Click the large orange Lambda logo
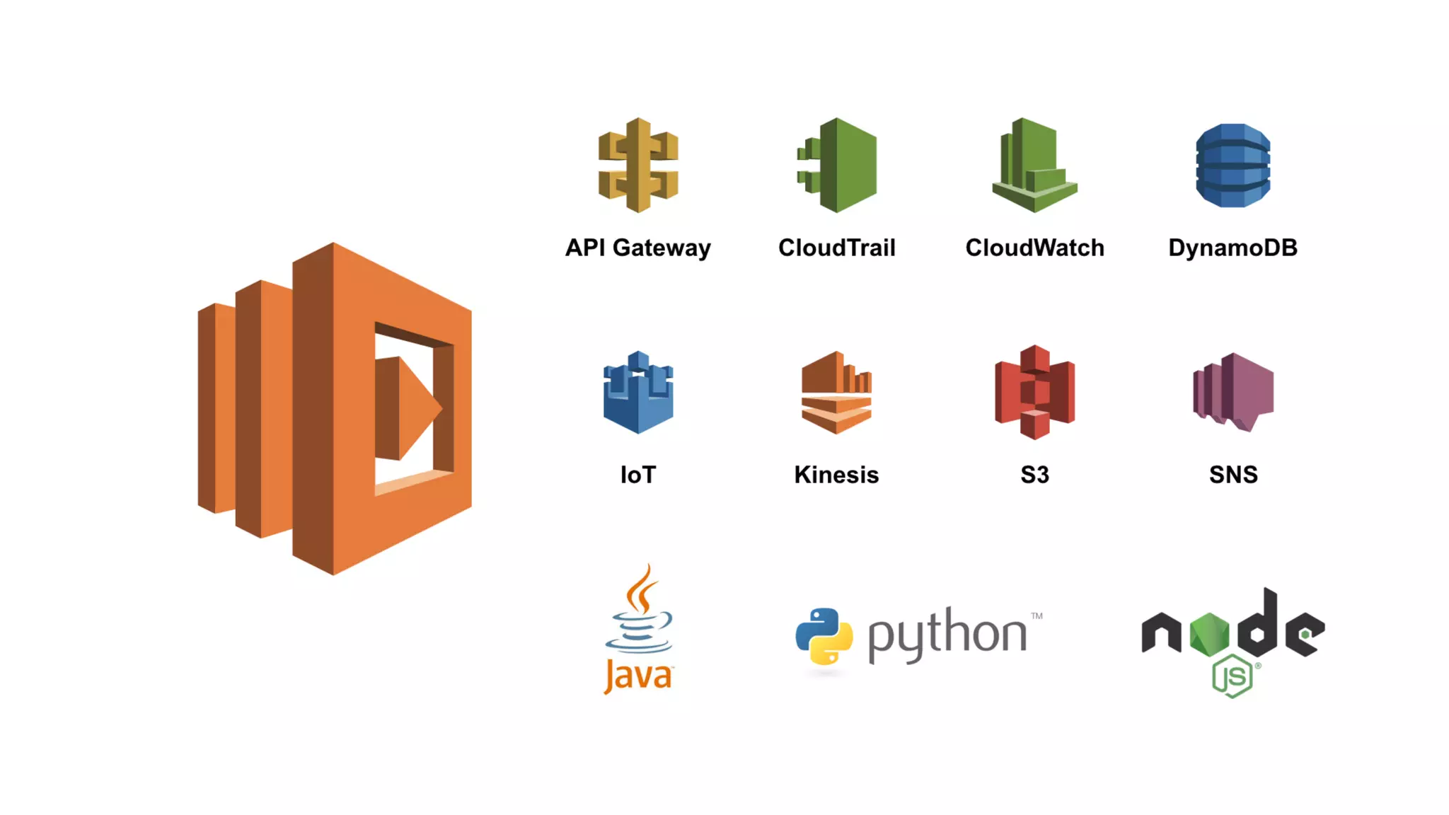click(x=335, y=408)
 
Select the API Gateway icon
click(x=638, y=165)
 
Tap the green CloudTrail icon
click(x=838, y=165)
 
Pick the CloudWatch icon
click(x=1034, y=166)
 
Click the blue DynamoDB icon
click(x=1232, y=166)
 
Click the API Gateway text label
click(x=638, y=248)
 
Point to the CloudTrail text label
click(x=837, y=248)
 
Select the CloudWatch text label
click(x=1034, y=248)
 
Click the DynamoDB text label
click(x=1232, y=248)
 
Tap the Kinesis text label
click(x=836, y=475)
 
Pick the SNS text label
click(x=1233, y=475)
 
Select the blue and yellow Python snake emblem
click(x=824, y=636)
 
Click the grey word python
click(x=947, y=634)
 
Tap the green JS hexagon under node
click(x=1232, y=676)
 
